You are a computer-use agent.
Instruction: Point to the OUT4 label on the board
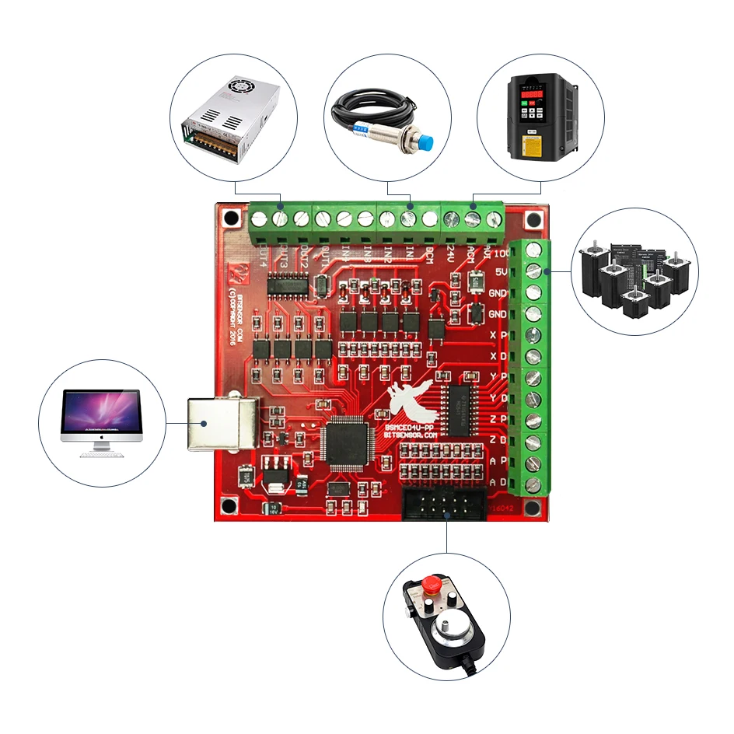(x=263, y=253)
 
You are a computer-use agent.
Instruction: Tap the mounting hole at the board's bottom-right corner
(x=532, y=508)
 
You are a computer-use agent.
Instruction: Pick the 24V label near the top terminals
(x=450, y=252)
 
